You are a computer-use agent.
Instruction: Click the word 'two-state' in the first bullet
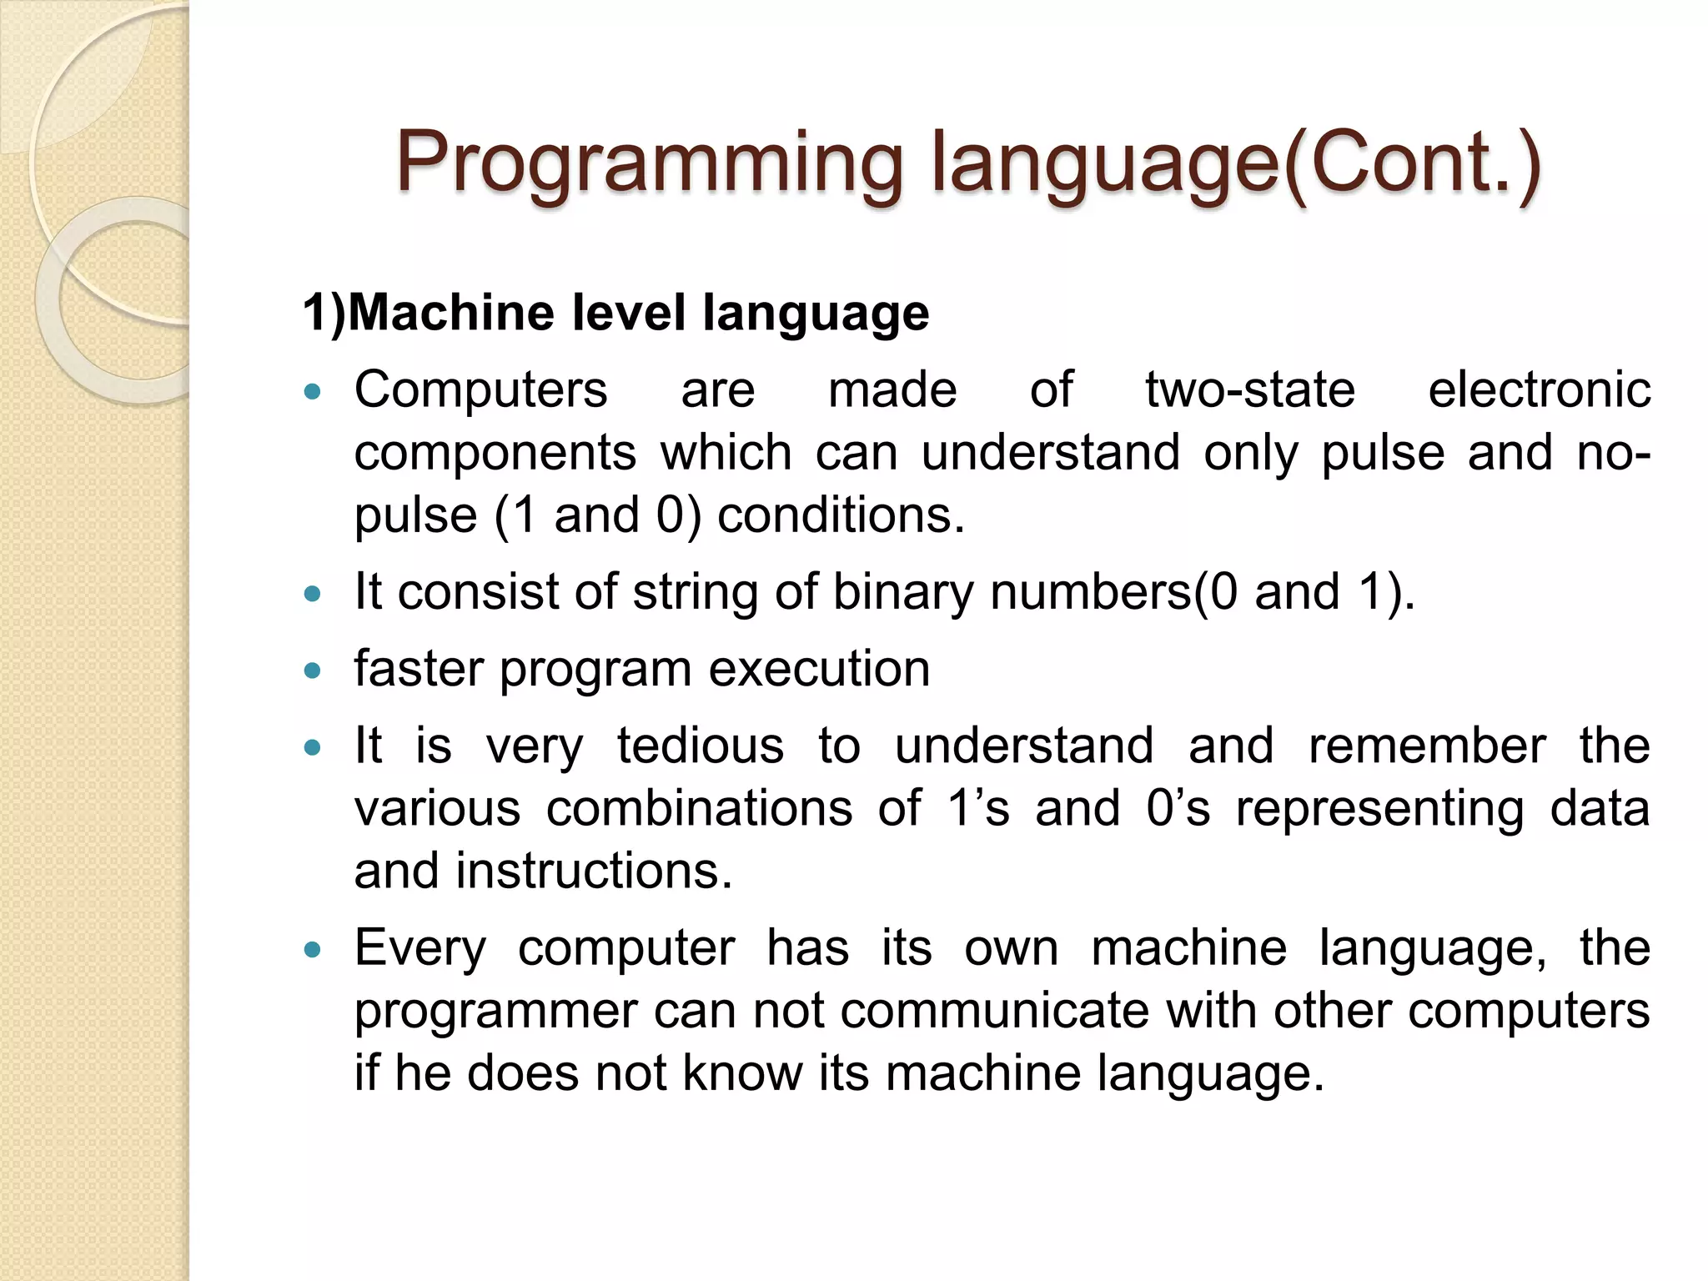(x=1249, y=390)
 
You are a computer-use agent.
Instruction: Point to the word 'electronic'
(x=1539, y=390)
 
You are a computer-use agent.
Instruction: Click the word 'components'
(x=495, y=453)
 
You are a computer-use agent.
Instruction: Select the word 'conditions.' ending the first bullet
(x=841, y=515)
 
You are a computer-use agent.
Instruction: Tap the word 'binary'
(x=903, y=593)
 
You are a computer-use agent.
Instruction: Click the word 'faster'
(x=419, y=669)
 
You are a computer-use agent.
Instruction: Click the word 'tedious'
(x=701, y=746)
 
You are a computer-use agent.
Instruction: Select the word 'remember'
(x=1427, y=746)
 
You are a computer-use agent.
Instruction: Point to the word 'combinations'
(x=699, y=809)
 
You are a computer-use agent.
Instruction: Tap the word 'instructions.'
(x=594, y=872)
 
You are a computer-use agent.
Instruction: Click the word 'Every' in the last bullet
(x=419, y=949)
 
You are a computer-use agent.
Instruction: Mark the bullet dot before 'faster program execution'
(x=313, y=671)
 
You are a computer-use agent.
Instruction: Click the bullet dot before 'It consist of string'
(x=313, y=594)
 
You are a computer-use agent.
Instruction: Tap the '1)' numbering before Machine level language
(x=324, y=314)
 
